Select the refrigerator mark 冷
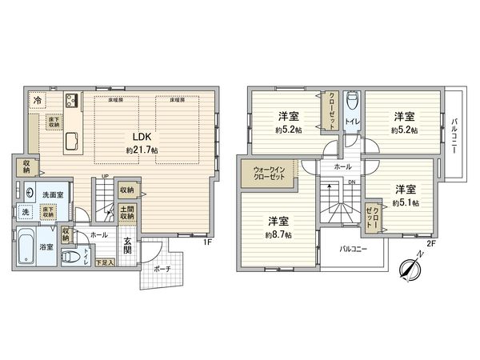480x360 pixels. pos(38,101)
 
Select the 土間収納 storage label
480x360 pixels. pos(126,213)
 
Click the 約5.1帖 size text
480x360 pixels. pos(406,203)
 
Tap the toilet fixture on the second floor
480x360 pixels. pos(351,107)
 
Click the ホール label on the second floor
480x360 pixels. pos(342,167)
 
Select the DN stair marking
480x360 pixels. pos(351,181)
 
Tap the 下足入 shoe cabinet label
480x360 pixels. pos(104,262)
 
